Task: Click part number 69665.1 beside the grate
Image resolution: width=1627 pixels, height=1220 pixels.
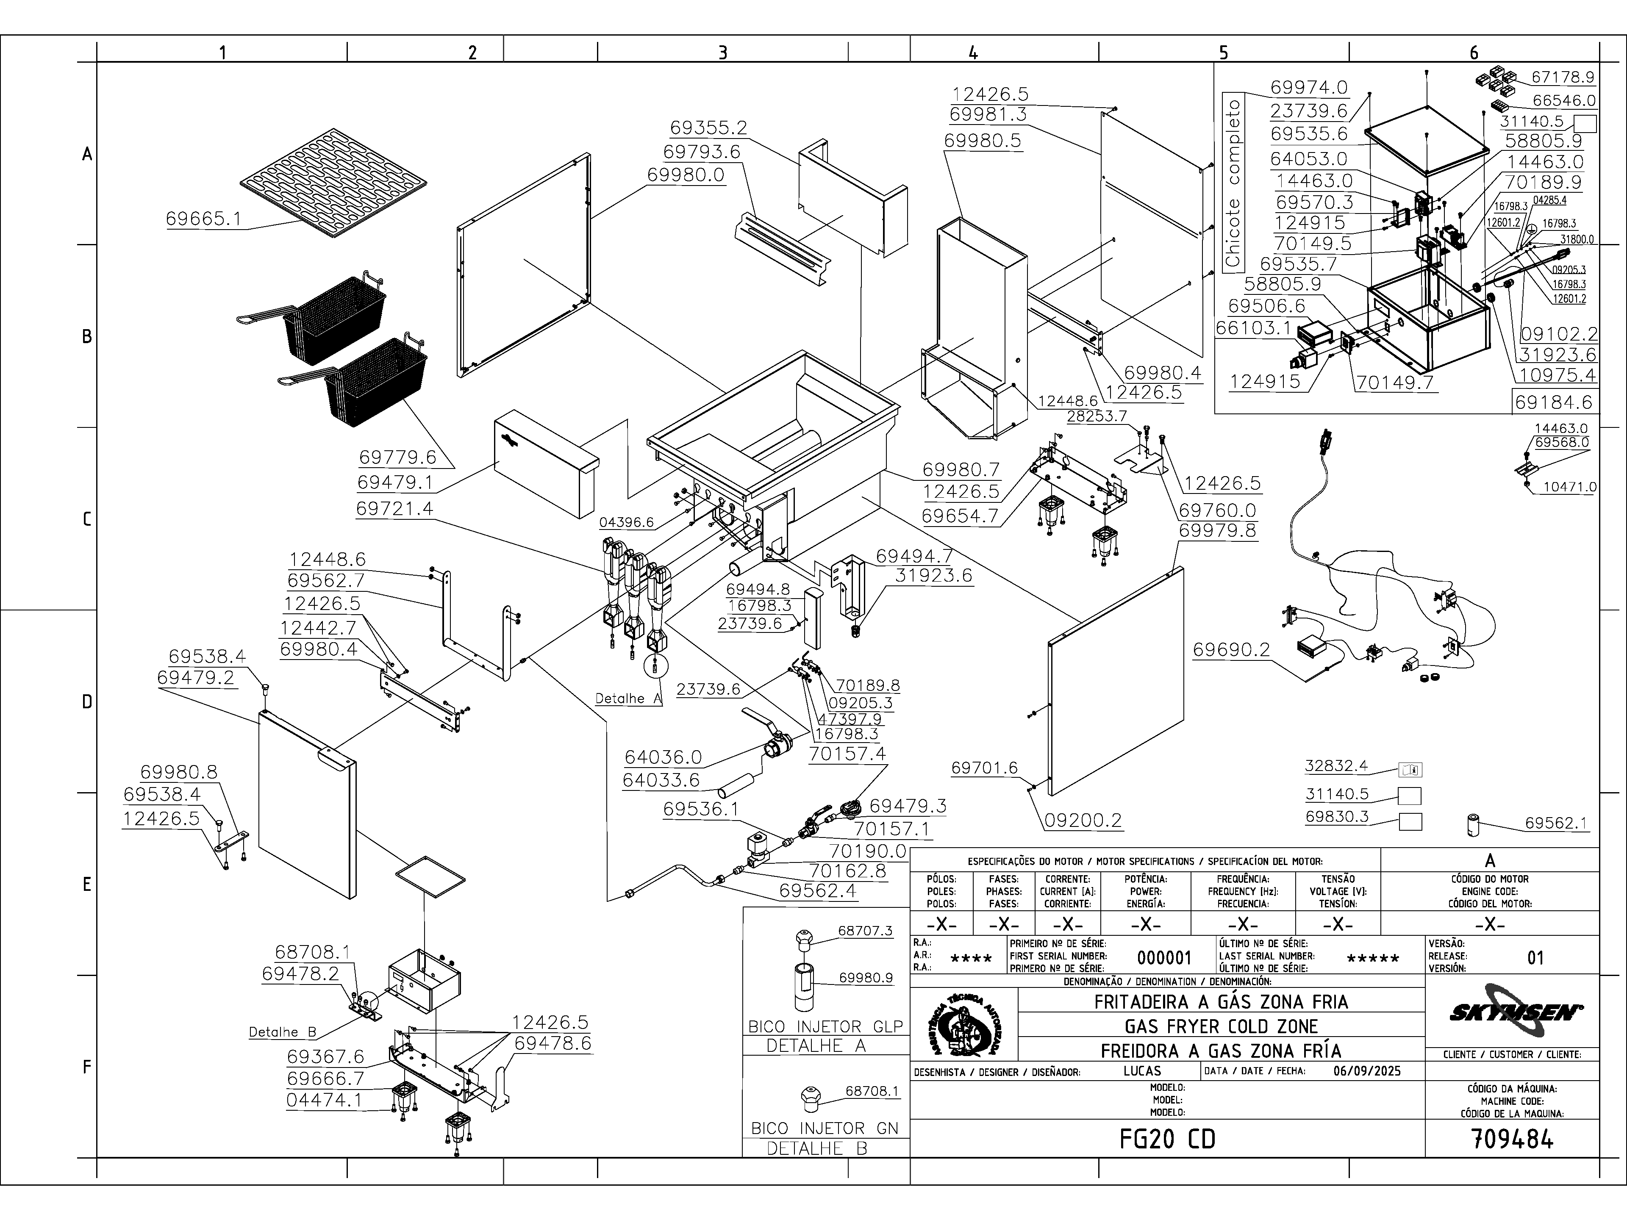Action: click(203, 219)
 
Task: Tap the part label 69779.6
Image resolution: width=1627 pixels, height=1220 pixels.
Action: click(397, 457)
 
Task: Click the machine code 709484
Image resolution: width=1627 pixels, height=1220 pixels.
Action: click(1512, 1139)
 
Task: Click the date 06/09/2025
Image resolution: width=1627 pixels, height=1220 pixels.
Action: click(1366, 1071)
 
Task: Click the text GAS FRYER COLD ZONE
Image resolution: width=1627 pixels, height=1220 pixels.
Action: click(1221, 1026)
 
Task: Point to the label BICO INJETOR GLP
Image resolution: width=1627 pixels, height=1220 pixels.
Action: click(825, 1026)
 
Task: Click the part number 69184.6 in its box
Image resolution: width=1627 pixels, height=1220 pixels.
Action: click(1553, 402)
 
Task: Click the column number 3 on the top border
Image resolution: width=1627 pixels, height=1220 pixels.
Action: click(723, 52)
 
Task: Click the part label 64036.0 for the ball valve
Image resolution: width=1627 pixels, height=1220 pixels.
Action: click(663, 757)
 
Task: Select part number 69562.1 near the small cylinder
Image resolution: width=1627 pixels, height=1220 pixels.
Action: click(1556, 823)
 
